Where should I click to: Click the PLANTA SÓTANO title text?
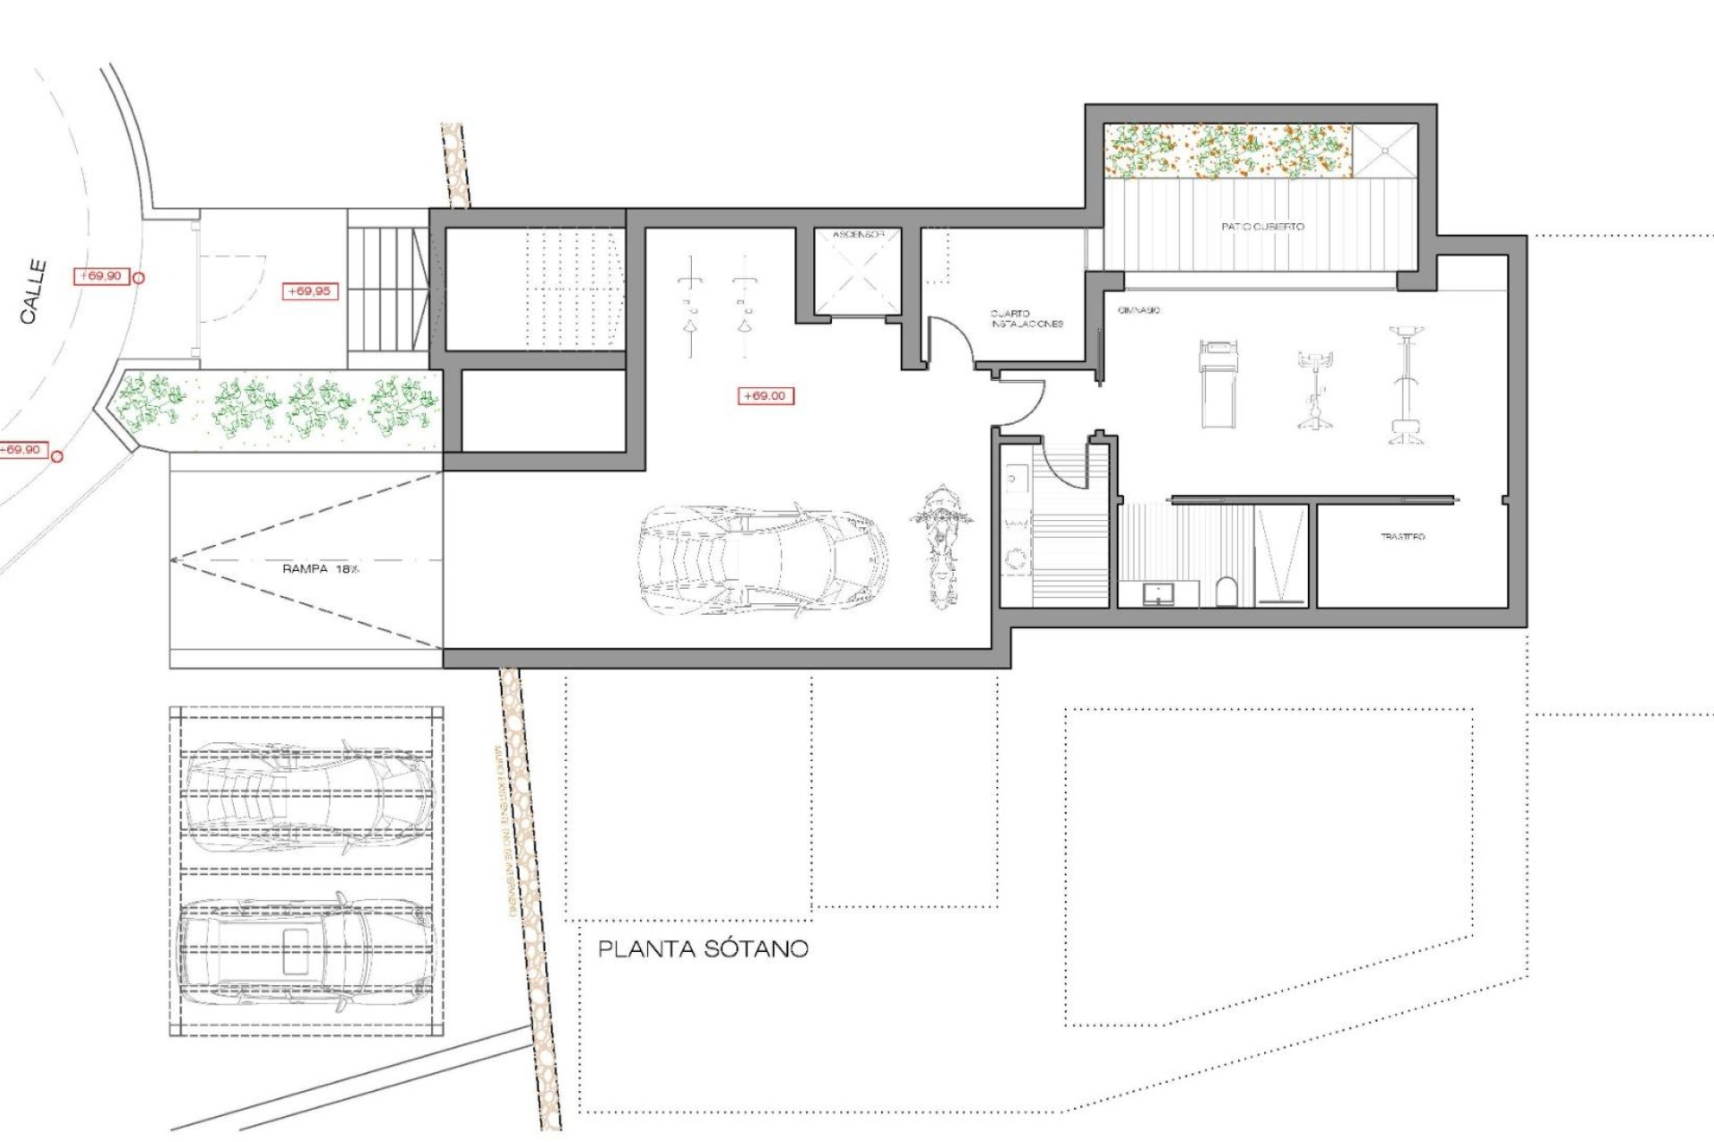click(x=703, y=948)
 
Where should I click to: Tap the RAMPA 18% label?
click(x=320, y=568)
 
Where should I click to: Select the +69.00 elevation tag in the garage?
click(x=765, y=395)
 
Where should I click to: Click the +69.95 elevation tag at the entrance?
click(x=309, y=291)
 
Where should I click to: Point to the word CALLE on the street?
click(x=34, y=291)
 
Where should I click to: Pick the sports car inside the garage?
click(x=763, y=560)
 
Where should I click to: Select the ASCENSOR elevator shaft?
click(x=857, y=272)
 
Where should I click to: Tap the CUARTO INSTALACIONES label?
click(x=1026, y=319)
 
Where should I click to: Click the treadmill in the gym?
click(x=1218, y=383)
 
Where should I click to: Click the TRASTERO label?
click(x=1402, y=536)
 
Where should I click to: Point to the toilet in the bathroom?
click(x=1227, y=592)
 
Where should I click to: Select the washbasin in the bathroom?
click(x=1158, y=592)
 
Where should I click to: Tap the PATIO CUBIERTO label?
click(x=1262, y=227)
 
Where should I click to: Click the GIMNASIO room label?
click(x=1138, y=310)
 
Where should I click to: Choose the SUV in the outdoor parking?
click(x=305, y=953)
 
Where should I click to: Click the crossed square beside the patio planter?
click(x=1385, y=151)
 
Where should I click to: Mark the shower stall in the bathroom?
click(x=1281, y=555)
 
